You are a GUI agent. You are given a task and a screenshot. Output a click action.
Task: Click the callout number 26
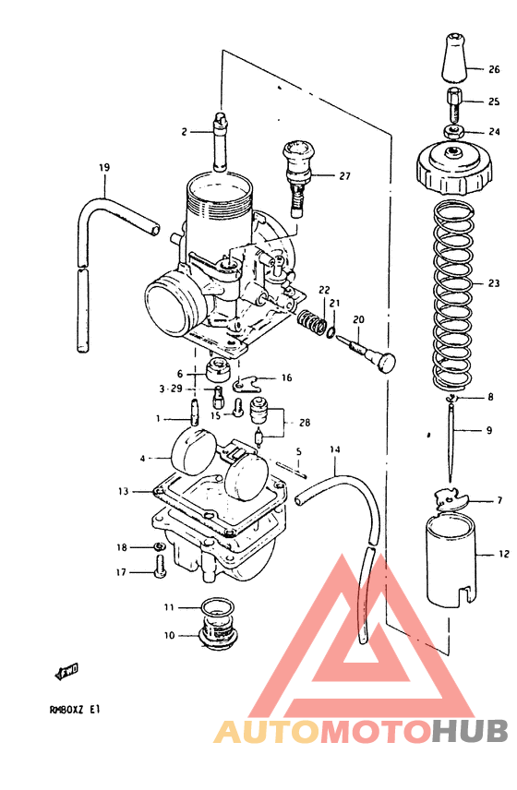pos(494,69)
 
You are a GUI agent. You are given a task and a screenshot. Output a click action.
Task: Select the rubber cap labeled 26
pos(452,60)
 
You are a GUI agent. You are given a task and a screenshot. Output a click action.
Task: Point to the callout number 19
pos(104,167)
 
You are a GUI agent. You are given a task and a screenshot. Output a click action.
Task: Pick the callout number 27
pos(345,175)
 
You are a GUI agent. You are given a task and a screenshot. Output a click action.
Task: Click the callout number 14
pos(334,449)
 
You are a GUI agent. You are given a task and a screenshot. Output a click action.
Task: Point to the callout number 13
pos(123,492)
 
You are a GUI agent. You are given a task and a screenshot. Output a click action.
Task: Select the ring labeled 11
pos(218,607)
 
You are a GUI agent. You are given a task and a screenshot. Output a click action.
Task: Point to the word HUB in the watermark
pos(470,731)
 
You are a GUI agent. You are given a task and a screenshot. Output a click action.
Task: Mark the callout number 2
pos(184,132)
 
